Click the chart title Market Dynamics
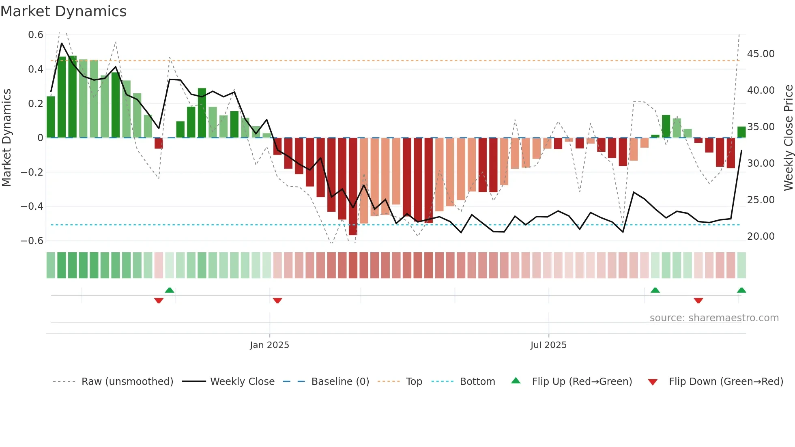(x=63, y=11)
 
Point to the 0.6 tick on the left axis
(x=36, y=35)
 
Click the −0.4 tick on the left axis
(x=32, y=206)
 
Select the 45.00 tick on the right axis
(x=761, y=54)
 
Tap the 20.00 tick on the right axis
(x=761, y=236)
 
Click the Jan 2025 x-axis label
(x=269, y=345)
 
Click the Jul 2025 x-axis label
(x=548, y=345)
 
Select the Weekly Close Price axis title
(x=788, y=138)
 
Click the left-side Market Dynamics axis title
(x=6, y=138)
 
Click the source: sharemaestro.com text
(x=714, y=318)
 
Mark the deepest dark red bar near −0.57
(x=353, y=187)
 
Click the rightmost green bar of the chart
(x=741, y=132)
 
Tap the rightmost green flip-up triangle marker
(x=741, y=290)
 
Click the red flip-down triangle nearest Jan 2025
(x=277, y=301)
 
